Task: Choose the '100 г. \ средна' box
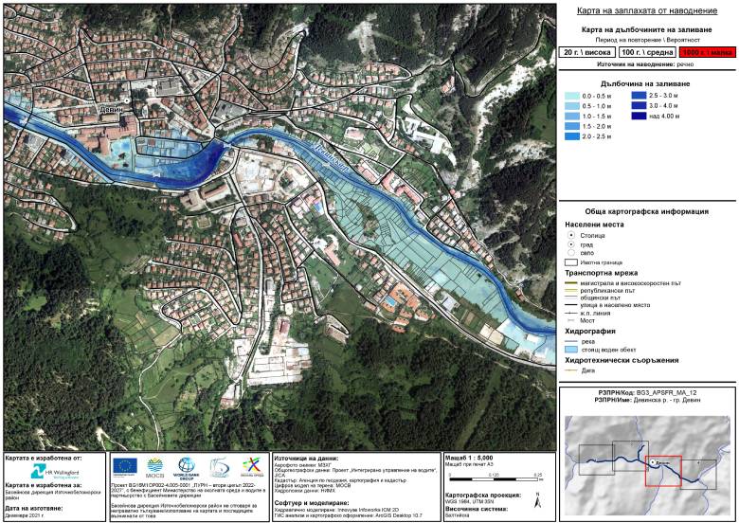pos(644,53)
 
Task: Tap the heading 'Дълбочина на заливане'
pos(645,83)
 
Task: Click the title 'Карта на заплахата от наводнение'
pos(646,10)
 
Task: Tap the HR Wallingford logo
pos(53,471)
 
